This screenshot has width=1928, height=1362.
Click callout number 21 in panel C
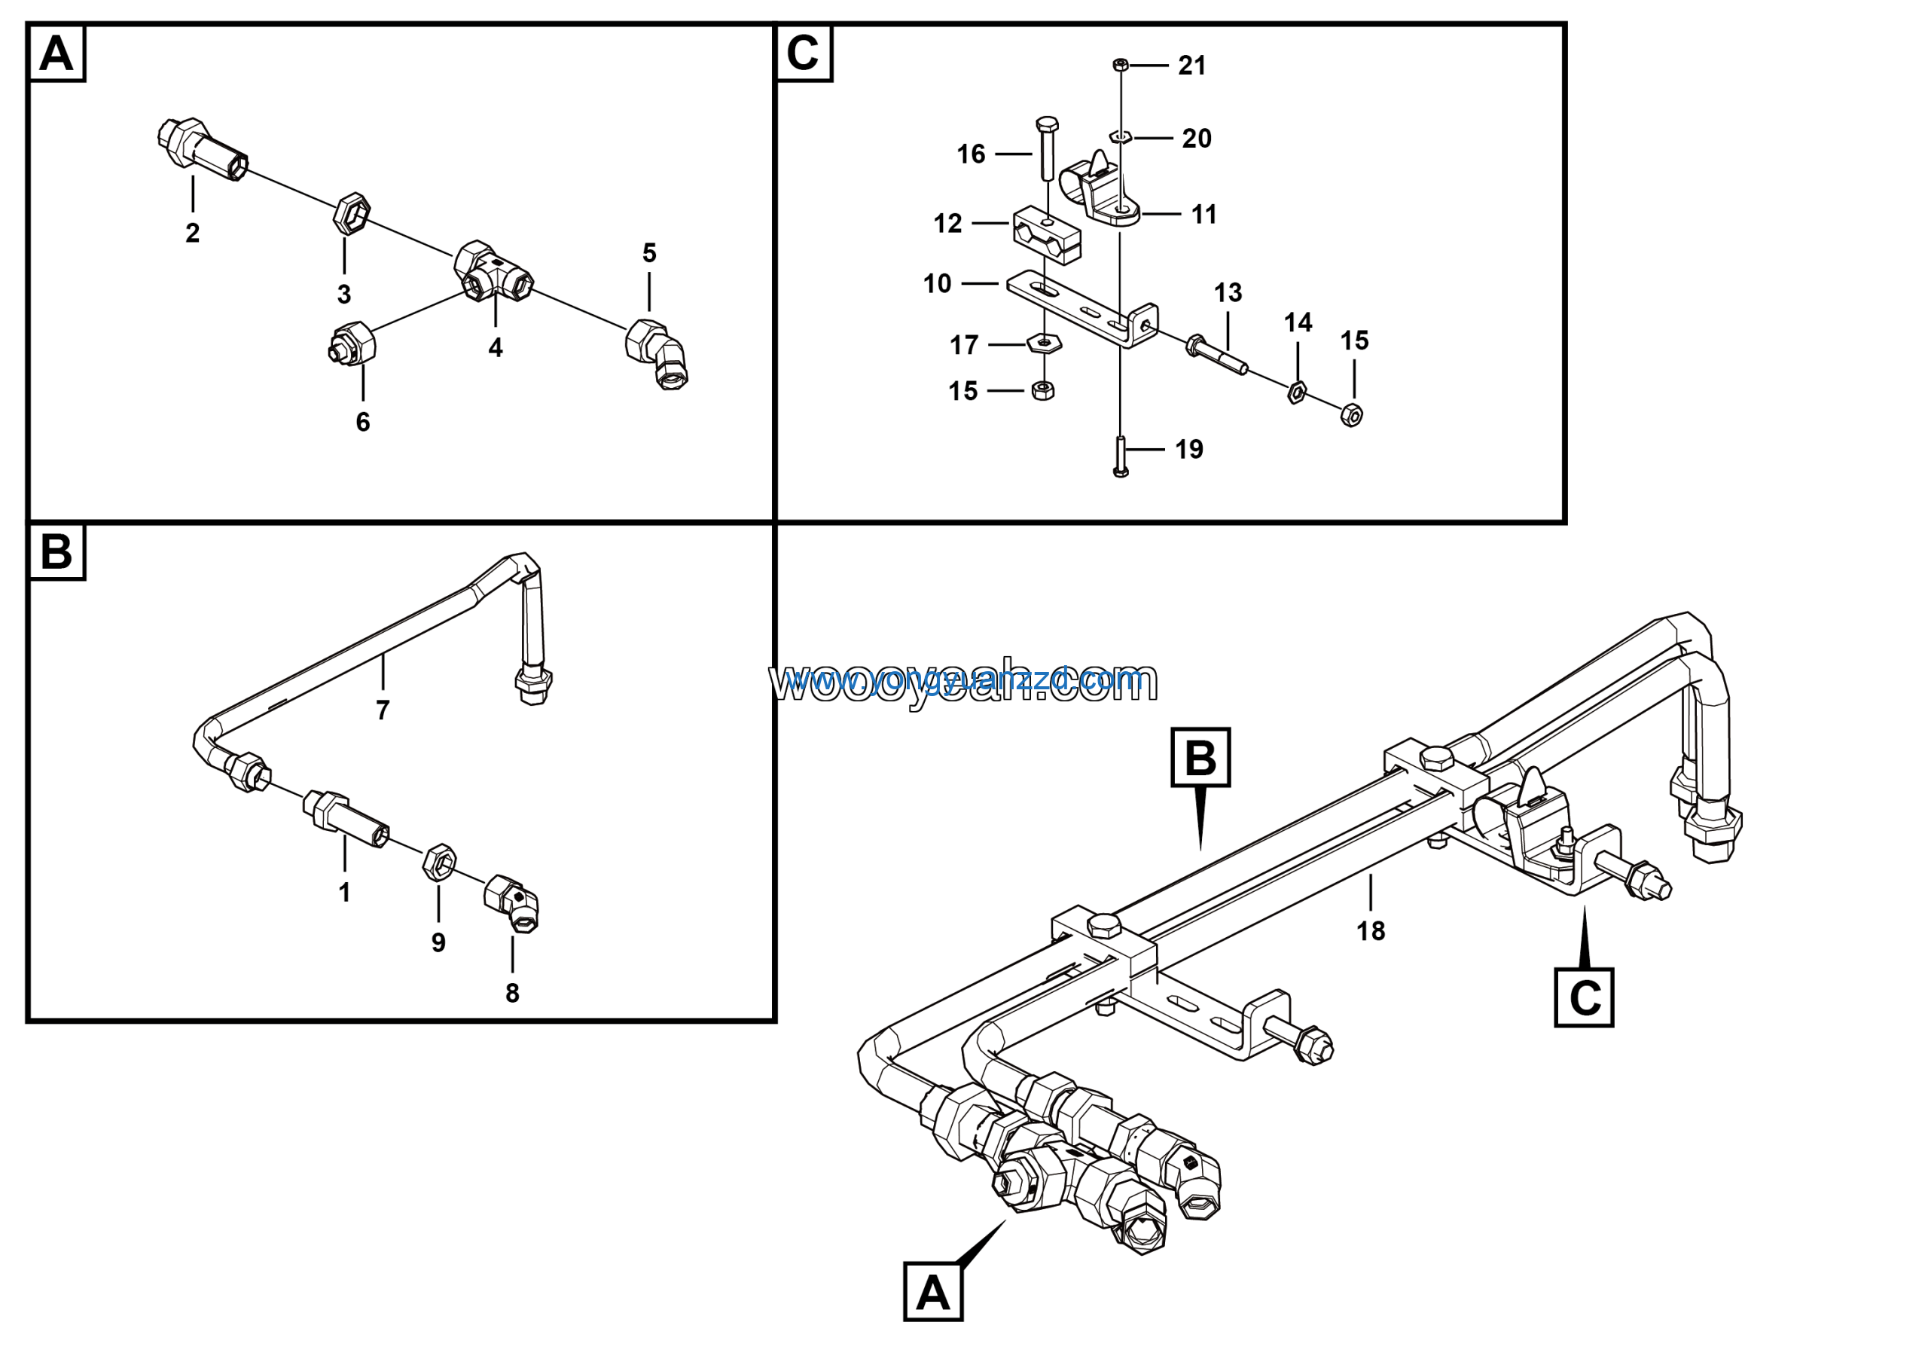(x=1191, y=66)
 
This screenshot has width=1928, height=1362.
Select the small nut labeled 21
(x=1119, y=65)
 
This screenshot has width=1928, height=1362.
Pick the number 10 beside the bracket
(x=937, y=284)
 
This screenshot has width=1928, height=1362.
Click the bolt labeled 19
(x=1120, y=457)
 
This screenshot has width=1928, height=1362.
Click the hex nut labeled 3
(x=351, y=214)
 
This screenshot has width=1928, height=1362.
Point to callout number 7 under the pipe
(x=383, y=710)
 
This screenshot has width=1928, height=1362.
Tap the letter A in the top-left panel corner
(x=56, y=53)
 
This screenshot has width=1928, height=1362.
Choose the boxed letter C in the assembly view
(x=1584, y=997)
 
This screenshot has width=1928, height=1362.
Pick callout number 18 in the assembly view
(x=1371, y=930)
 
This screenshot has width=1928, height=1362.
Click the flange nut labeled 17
(x=1043, y=343)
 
